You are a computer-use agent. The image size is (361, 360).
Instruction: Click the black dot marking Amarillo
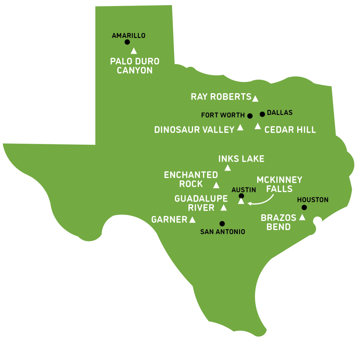point(127,42)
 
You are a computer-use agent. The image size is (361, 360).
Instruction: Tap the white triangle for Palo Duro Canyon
point(134,51)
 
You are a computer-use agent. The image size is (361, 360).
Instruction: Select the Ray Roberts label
point(221,97)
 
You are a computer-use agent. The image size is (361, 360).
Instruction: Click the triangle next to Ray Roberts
point(255,98)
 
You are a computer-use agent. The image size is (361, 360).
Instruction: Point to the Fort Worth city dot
point(250,116)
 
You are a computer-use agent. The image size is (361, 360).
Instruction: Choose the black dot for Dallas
point(262,114)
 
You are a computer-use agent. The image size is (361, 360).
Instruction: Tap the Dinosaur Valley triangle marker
point(240,128)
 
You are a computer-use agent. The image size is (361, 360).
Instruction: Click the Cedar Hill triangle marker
point(258,127)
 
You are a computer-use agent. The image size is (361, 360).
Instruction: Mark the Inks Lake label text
point(241,159)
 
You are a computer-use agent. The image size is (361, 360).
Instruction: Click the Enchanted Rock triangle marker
point(216,185)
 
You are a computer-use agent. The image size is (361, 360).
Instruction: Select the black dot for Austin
point(241,196)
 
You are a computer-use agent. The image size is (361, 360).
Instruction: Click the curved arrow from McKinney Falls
point(262,201)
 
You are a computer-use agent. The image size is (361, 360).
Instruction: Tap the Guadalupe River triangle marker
point(224,208)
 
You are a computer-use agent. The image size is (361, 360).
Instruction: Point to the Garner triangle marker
point(192,220)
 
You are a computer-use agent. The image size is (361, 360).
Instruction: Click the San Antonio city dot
point(222,223)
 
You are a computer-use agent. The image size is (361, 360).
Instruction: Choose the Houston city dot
point(304,207)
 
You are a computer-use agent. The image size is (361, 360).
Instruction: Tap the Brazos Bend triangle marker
point(302,217)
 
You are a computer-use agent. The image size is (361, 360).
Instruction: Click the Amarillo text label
point(129,36)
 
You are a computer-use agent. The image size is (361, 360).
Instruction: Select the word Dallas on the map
point(280,112)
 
